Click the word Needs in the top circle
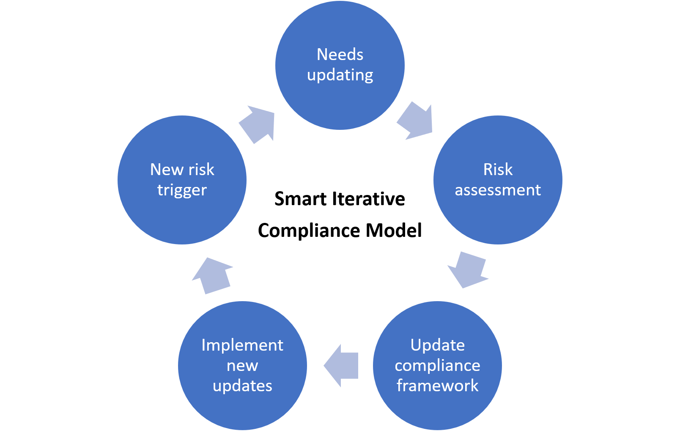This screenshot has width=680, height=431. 340,55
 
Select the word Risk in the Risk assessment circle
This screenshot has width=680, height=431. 498,169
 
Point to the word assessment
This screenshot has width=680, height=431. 498,190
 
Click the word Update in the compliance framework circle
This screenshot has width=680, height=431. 437,346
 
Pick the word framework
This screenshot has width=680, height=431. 437,386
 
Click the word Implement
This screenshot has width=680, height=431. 242,346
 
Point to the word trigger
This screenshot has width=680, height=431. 182,191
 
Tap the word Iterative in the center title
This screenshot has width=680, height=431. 368,199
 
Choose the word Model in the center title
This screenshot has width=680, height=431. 394,231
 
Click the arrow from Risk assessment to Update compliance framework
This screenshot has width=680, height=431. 468,269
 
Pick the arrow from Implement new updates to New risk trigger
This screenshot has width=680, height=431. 212,276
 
